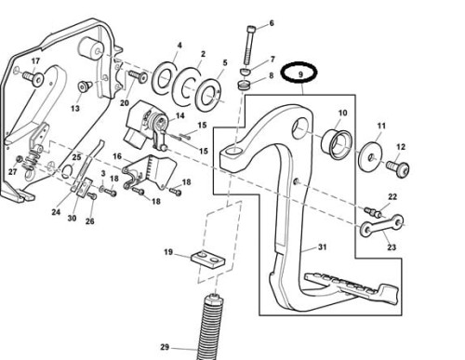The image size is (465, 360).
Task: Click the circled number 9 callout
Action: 300,72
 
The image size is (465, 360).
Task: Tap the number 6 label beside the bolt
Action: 272,22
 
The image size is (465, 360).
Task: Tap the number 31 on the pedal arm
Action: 323,247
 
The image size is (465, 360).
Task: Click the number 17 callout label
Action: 36,62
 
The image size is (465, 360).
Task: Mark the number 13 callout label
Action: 74,109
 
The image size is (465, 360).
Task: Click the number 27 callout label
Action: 13,172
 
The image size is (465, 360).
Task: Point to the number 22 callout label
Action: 392,197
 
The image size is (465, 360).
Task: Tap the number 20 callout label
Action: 124,103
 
